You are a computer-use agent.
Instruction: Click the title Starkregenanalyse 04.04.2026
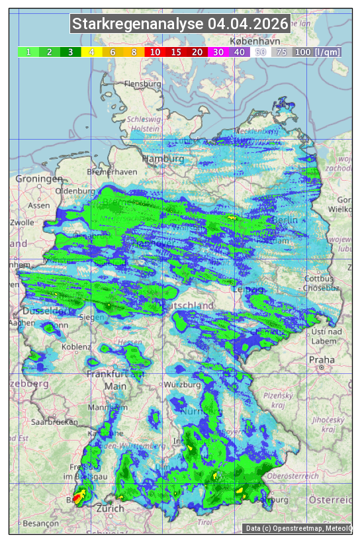tap(180, 24)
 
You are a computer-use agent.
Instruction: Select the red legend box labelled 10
tap(155, 52)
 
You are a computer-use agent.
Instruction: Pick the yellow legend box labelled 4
tap(92, 52)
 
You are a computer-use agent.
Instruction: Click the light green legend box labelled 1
tap(28, 52)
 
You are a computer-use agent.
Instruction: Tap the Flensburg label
tap(142, 85)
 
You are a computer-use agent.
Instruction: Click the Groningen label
tap(39, 179)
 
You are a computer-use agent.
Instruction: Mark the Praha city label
tap(321, 360)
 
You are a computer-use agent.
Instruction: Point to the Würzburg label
tap(183, 385)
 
